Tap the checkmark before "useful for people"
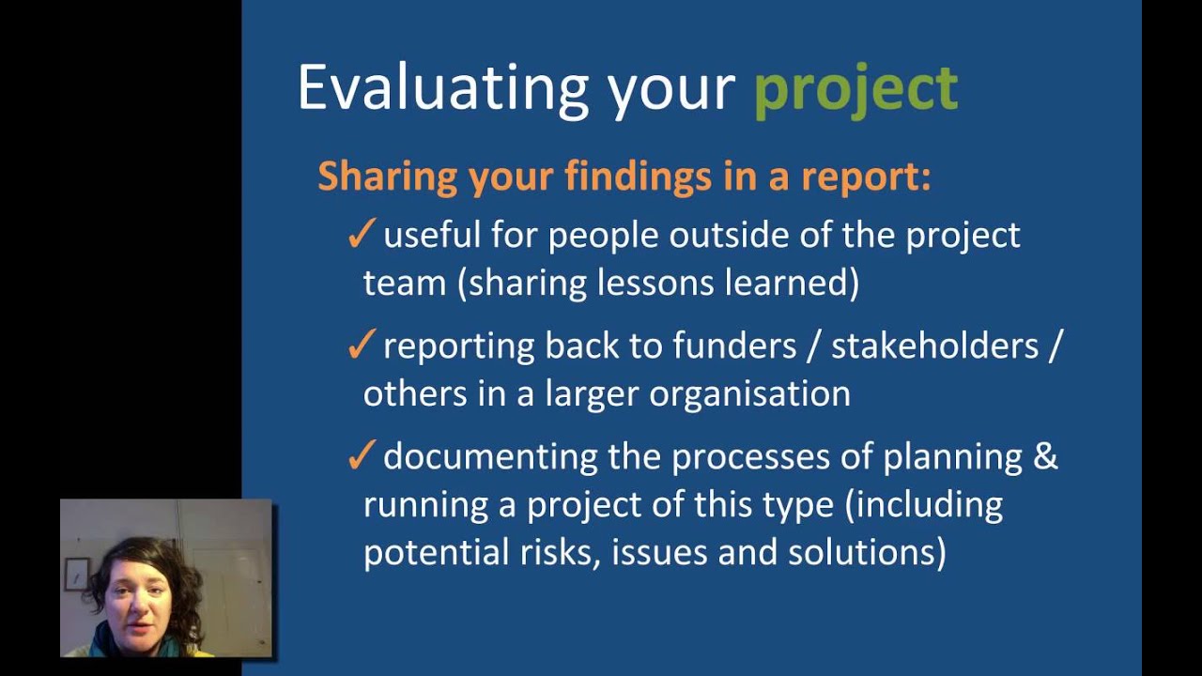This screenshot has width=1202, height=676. click(x=361, y=235)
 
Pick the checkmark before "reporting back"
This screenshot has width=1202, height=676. click(x=361, y=346)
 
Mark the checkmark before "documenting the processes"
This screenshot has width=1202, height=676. click(x=361, y=456)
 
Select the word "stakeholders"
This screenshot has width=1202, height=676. click(x=934, y=346)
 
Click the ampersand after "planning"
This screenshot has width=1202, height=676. click(x=1046, y=457)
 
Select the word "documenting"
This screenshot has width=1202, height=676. click(x=490, y=457)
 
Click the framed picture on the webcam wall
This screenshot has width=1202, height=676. click(x=77, y=574)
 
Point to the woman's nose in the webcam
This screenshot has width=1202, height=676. click(x=139, y=600)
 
